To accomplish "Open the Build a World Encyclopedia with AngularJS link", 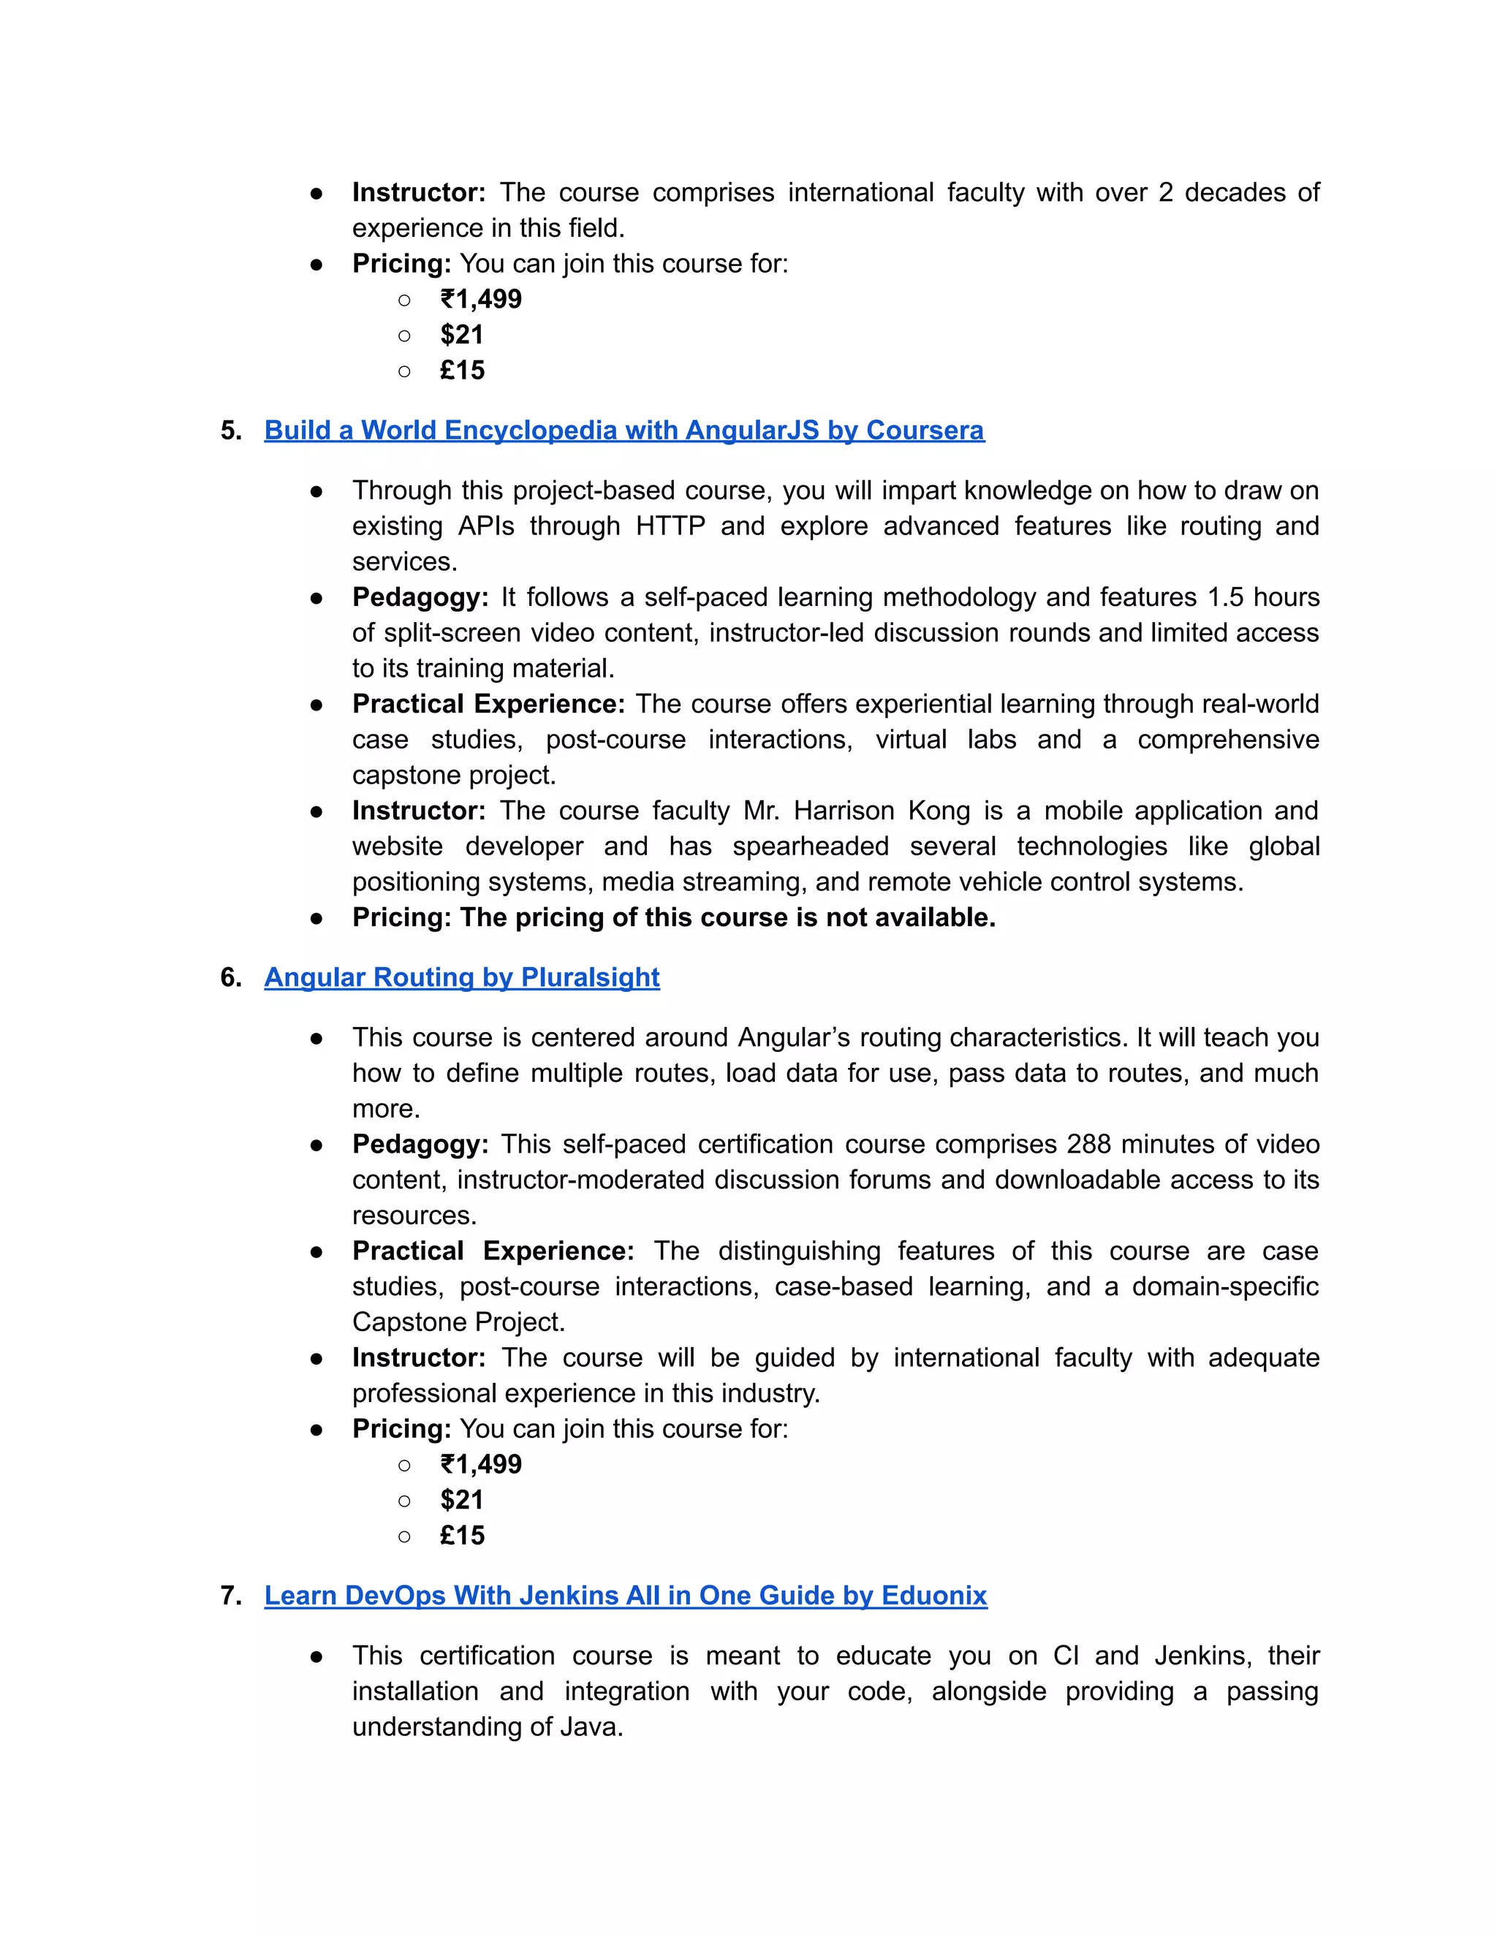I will coord(624,430).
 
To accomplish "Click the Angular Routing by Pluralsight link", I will coord(461,977).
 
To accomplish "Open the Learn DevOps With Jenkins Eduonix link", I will coord(625,1596).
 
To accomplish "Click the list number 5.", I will coord(230,430).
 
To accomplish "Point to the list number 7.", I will coord(230,1596).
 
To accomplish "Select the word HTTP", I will coord(670,526).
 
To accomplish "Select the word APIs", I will coord(485,526).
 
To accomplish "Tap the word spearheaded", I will coord(810,846).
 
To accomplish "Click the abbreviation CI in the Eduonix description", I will coord(1065,1656).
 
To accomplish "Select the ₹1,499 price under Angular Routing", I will coord(481,1464).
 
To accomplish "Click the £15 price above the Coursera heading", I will coord(462,370).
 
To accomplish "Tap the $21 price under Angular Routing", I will coord(461,1500).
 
